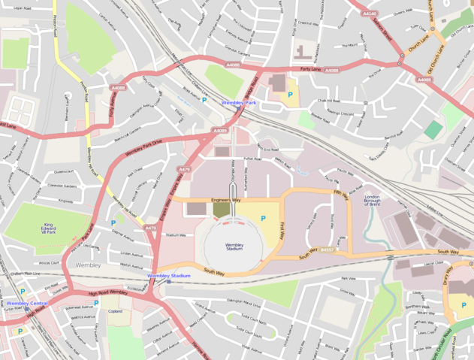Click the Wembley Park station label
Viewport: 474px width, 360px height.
239,102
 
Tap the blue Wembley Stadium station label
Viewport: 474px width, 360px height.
168,276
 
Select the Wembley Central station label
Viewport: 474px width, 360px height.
28,303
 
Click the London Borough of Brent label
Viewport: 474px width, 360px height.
373,201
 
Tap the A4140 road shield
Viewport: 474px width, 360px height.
370,14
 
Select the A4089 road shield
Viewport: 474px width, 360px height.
219,131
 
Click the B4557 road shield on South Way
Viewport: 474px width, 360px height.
326,250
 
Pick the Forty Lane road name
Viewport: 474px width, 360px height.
309,70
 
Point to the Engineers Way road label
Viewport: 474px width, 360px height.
225,201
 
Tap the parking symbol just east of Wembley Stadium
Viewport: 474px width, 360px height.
262,218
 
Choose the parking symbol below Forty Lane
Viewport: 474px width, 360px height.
290,95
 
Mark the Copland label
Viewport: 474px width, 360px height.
114,310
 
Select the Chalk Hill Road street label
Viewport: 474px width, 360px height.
329,100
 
